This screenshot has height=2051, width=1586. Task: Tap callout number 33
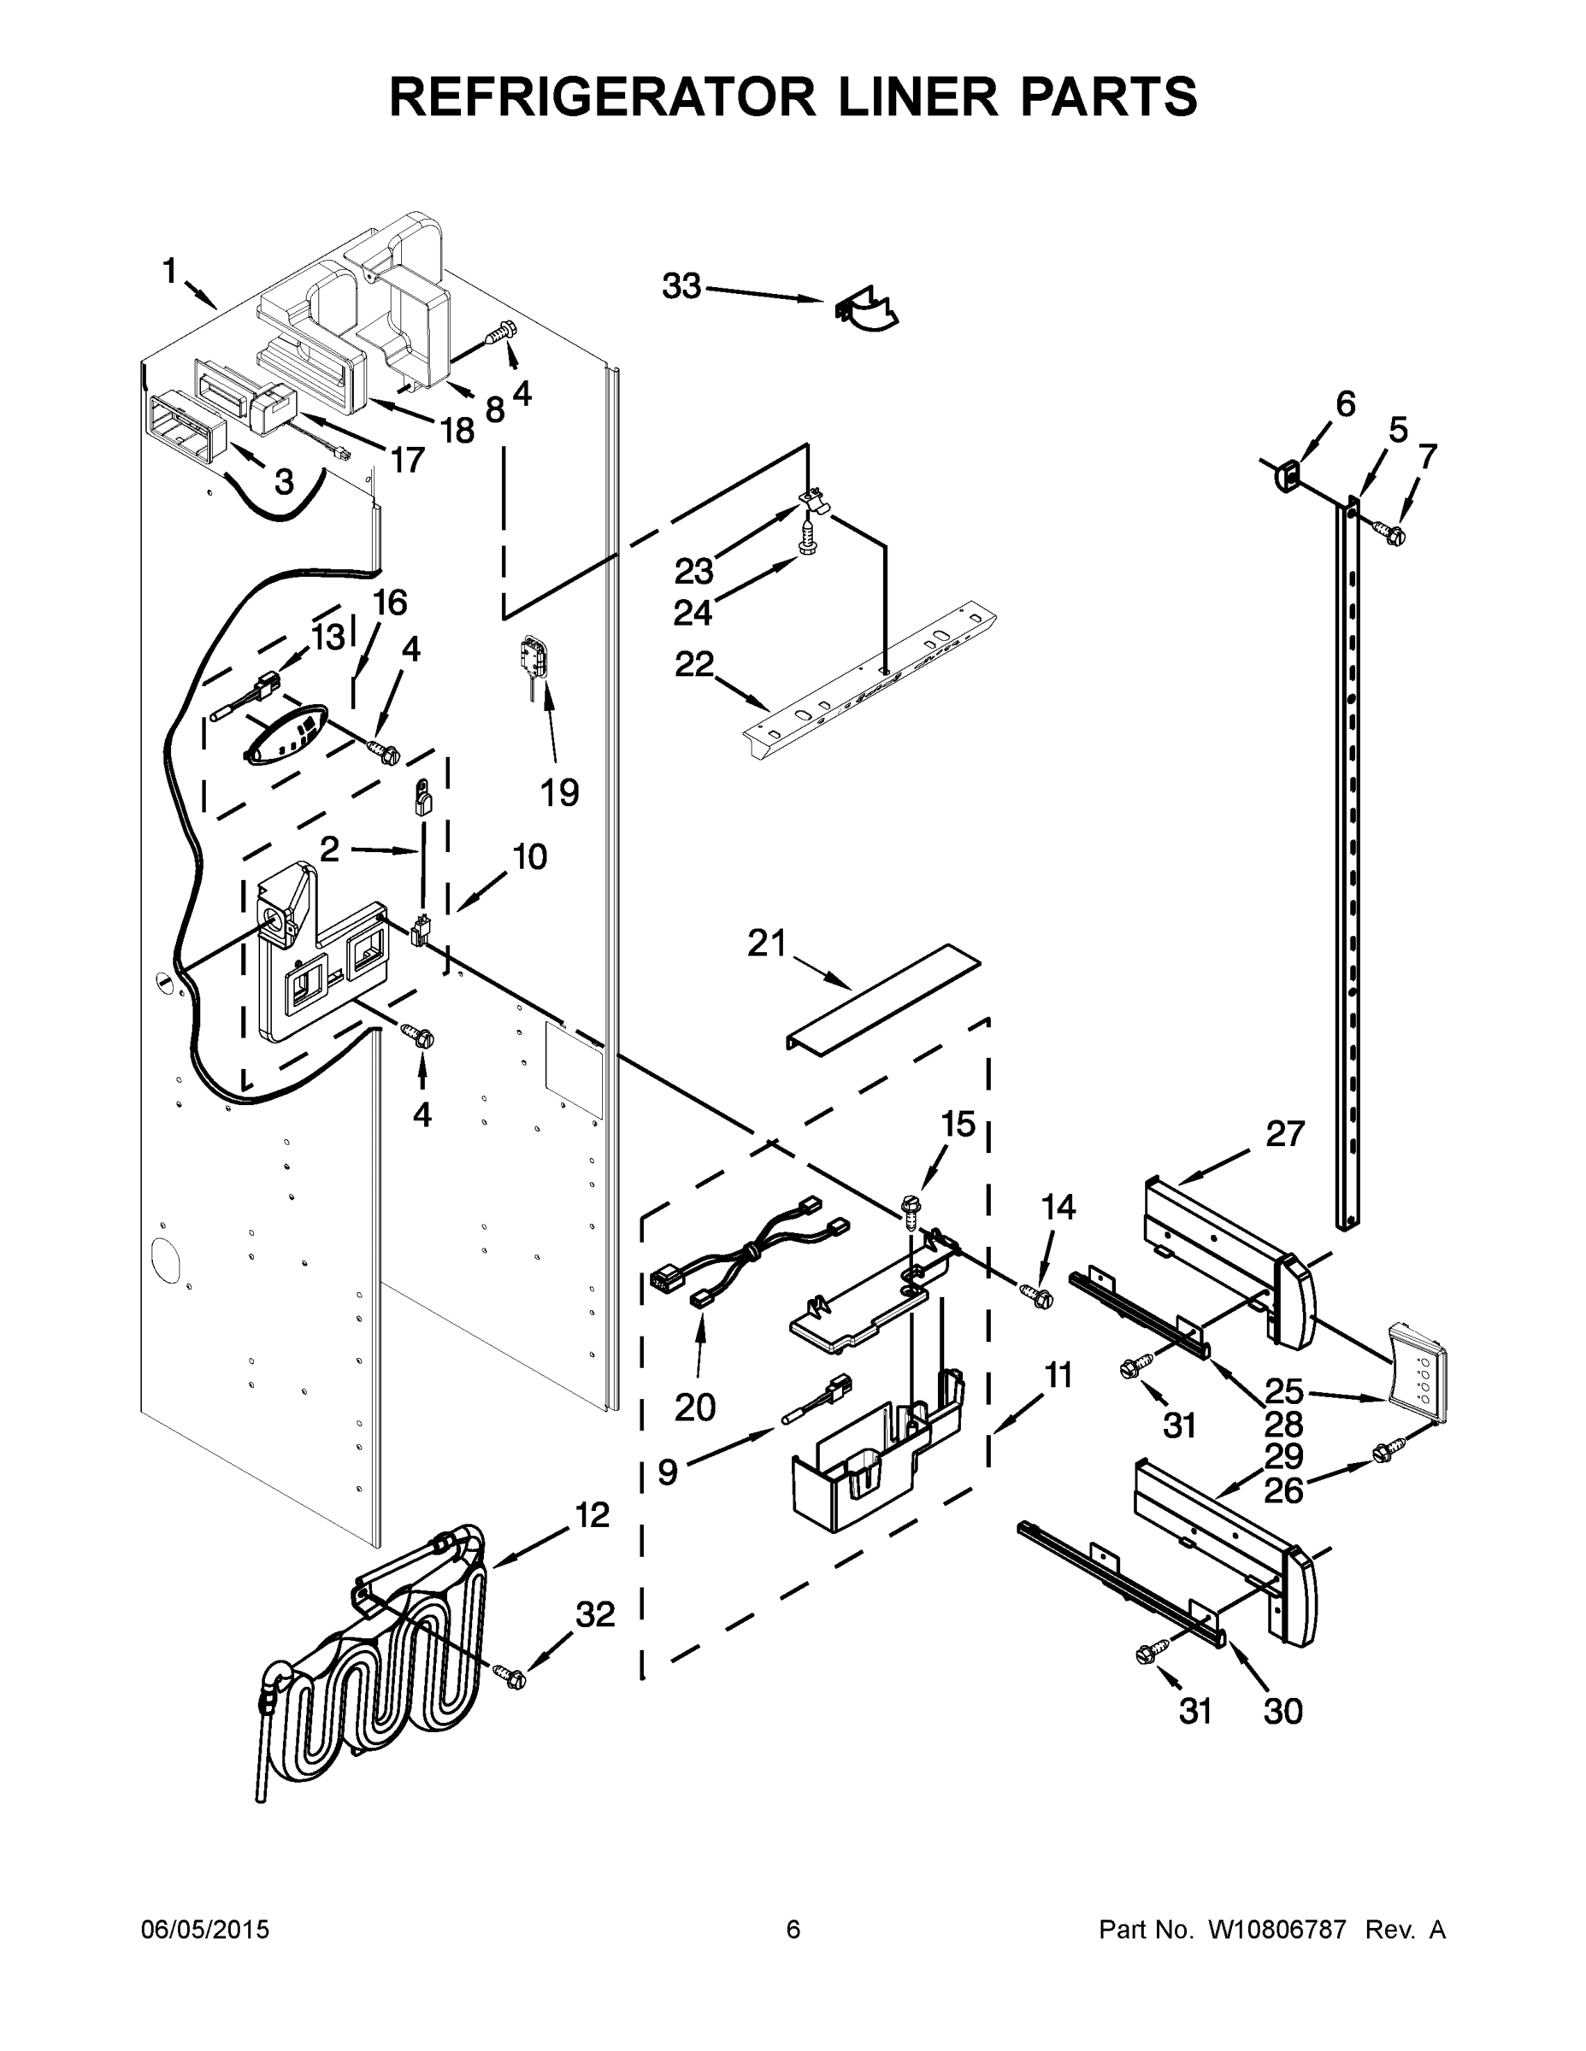pyautogui.click(x=681, y=285)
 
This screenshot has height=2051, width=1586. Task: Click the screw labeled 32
pyautogui.click(x=510, y=1674)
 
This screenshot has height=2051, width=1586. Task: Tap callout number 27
pyautogui.click(x=1284, y=1133)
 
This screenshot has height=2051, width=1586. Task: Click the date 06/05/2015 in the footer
pyautogui.click(x=205, y=1929)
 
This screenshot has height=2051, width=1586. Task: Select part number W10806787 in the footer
pyautogui.click(x=1278, y=1929)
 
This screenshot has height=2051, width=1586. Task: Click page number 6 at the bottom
pyautogui.click(x=793, y=1929)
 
